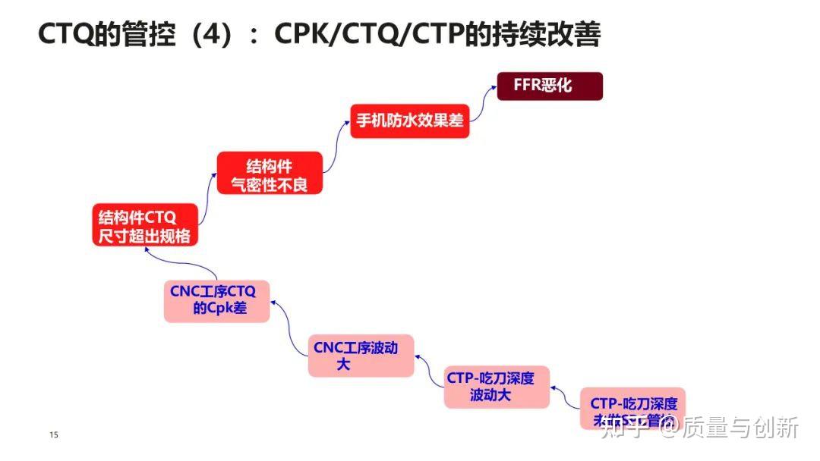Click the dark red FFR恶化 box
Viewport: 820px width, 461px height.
coord(550,86)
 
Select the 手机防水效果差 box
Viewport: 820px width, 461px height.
coord(410,121)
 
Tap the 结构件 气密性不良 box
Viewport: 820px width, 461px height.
coord(270,174)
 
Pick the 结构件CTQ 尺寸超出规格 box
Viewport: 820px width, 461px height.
coord(144,225)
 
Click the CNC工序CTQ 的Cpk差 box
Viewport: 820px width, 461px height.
coord(216,300)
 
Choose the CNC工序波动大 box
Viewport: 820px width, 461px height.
coord(361,356)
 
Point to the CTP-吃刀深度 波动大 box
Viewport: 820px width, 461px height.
coord(497,387)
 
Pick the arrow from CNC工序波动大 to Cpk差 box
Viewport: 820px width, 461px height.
coord(289,326)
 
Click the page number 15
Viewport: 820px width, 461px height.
coord(53,435)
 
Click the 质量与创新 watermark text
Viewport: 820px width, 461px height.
coord(740,428)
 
